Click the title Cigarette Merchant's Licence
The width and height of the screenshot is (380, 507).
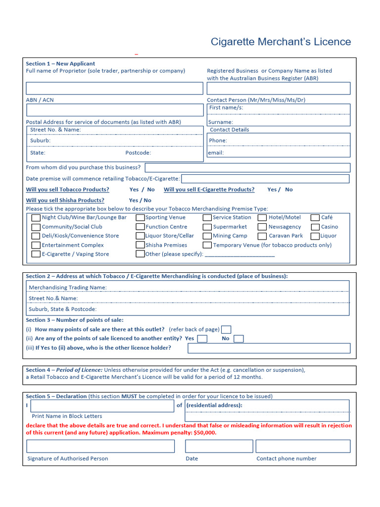[281, 42]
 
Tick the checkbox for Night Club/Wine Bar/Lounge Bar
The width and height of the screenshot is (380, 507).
[36, 218]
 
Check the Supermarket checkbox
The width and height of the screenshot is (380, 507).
[207, 227]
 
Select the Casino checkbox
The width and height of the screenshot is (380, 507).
[315, 227]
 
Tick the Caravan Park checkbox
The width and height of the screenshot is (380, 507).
[262, 236]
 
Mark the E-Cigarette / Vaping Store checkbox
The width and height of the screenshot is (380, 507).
[36, 254]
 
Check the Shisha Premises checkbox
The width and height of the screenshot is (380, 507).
[140, 245]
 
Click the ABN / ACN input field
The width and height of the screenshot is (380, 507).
[114, 110]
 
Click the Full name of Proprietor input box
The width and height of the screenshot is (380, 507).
[114, 88]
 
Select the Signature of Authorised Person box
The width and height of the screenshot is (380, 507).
[100, 446]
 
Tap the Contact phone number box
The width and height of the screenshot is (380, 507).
[303, 446]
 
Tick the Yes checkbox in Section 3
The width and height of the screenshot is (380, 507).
[202, 339]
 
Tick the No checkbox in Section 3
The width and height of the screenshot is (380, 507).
[238, 339]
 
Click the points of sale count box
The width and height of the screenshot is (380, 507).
[226, 330]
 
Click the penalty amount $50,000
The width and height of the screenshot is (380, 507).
[203, 433]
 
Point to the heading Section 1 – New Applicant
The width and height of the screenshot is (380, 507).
[60, 63]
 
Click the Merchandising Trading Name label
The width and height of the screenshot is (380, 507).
[68, 288]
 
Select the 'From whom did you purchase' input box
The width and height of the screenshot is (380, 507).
[247, 168]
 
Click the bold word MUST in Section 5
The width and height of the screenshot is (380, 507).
[130, 396]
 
